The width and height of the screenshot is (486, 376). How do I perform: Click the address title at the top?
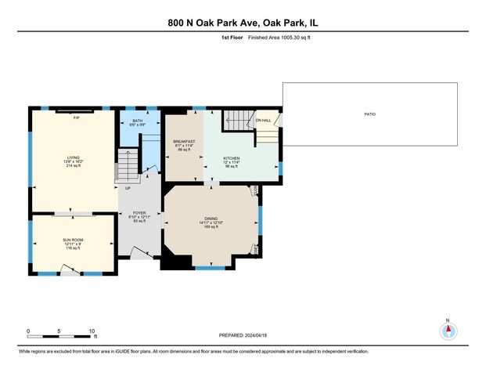click(243, 23)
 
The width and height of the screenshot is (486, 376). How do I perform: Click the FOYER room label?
click(139, 212)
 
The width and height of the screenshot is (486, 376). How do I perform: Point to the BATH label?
click(137, 121)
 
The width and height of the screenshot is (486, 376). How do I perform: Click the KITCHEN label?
click(231, 157)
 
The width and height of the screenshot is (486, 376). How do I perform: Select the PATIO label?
click(370, 114)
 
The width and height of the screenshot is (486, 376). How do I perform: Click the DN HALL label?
click(265, 121)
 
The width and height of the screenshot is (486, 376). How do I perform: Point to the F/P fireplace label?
click(76, 117)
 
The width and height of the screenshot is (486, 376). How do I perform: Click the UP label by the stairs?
click(127, 188)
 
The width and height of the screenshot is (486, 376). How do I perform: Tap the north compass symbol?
click(448, 330)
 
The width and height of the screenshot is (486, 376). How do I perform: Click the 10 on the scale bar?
click(92, 331)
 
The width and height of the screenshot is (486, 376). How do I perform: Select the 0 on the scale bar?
click(28, 331)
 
